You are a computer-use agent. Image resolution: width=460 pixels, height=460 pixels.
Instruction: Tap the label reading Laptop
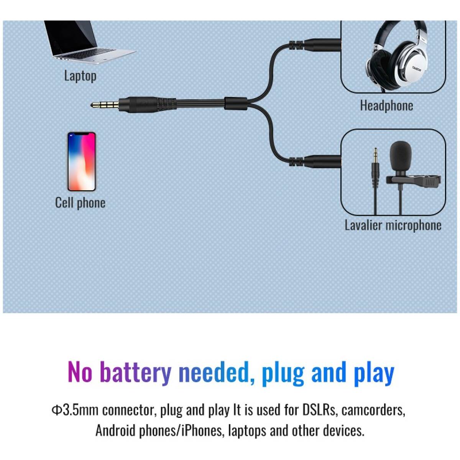(80, 76)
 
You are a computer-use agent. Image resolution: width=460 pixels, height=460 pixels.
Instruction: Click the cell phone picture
(82, 162)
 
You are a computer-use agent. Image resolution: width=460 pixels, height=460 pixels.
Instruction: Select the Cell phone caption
(80, 203)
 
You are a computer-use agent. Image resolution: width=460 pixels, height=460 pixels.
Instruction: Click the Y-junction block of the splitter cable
(236, 103)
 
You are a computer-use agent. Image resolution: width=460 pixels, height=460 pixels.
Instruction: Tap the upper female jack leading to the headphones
(315, 44)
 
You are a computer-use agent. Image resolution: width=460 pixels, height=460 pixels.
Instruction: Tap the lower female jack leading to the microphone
(315, 161)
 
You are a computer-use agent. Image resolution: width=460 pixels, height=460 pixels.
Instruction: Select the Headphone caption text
(386, 105)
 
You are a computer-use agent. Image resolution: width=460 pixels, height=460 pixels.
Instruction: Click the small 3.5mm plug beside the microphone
(376, 167)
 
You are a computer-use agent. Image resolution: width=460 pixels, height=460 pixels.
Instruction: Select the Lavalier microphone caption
(393, 225)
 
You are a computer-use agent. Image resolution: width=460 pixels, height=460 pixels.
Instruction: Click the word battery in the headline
(135, 372)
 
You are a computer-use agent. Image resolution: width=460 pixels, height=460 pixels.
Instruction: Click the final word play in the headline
(374, 373)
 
